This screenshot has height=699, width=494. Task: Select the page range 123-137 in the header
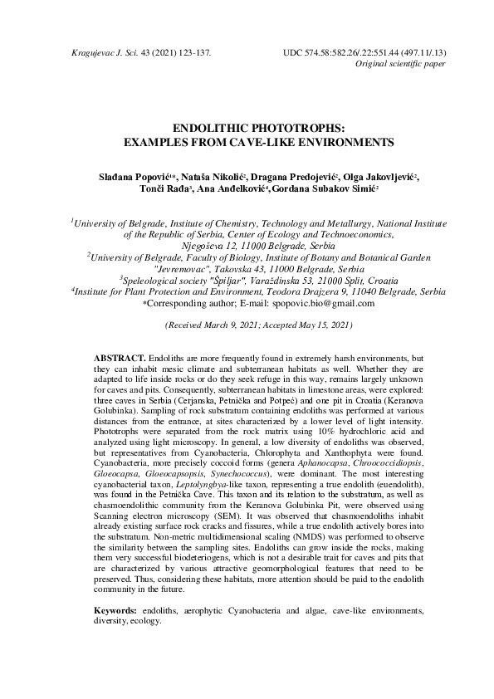tap(192, 52)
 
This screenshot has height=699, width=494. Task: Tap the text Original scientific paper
tap(399, 64)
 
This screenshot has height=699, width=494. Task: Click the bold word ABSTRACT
tap(120, 355)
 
